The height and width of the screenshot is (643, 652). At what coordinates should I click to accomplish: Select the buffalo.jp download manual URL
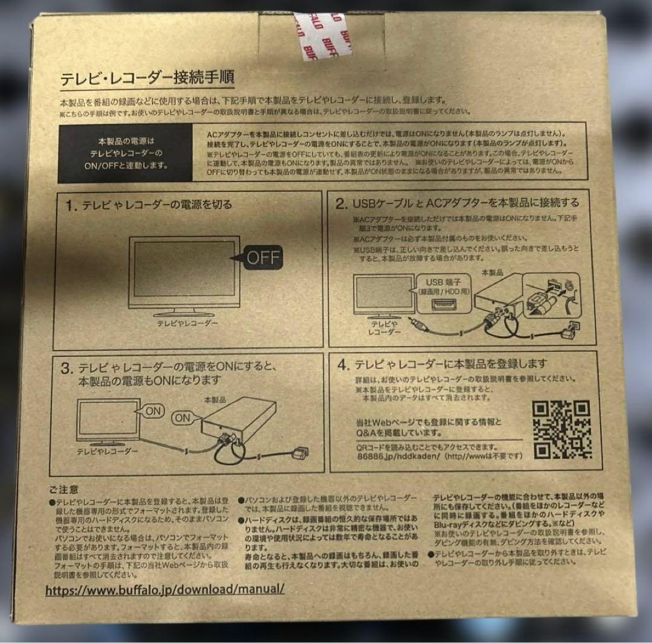165,590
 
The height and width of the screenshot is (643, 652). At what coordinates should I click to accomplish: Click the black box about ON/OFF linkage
125,154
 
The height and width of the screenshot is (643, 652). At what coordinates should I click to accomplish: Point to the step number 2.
340,203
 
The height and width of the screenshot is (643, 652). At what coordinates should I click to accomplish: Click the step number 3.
68,368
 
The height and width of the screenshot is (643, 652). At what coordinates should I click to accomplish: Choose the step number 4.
343,365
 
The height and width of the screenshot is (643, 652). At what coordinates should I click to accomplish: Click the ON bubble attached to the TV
154,410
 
